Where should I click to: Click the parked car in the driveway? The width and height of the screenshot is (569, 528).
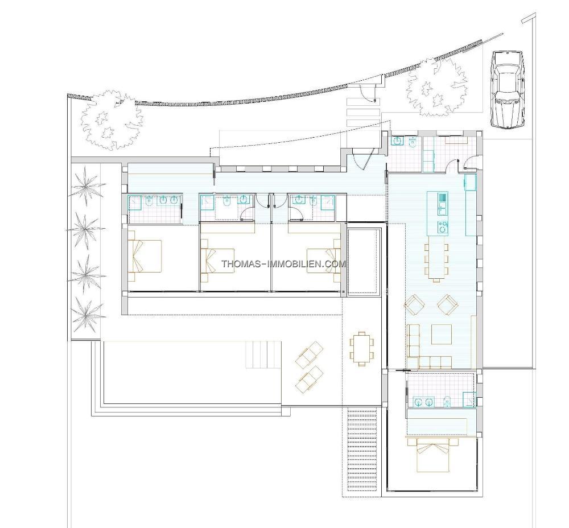coord(507,89)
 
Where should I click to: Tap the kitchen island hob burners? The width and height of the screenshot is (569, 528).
coord(443,228)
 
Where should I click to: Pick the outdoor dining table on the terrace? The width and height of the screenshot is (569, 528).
coord(362,348)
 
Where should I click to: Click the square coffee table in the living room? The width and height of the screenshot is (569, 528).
coord(442,334)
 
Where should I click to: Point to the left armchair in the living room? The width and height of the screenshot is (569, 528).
coord(414,305)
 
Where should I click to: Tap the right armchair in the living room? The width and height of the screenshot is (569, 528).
coord(447,305)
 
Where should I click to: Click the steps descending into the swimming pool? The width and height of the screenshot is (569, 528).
coord(264,354)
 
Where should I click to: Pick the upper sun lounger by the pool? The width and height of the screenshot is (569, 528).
coord(309,354)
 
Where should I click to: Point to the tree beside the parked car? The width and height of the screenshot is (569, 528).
coord(435,88)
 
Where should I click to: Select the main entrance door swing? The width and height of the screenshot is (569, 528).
coord(362,160)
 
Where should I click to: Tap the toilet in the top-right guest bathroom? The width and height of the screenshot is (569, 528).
coord(413,143)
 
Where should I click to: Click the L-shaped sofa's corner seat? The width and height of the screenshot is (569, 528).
coord(413,362)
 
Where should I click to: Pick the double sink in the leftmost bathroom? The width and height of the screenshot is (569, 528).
coord(169,200)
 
